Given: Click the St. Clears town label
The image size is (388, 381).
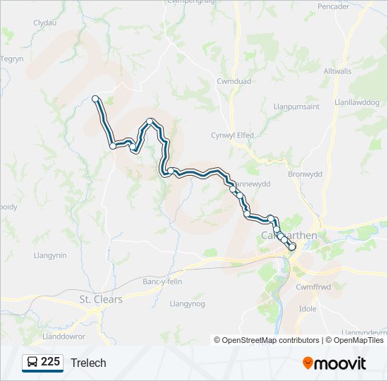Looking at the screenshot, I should point(100,299).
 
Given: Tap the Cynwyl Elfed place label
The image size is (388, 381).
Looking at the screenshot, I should point(232,135).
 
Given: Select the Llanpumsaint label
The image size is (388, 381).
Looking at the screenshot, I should point(297,107).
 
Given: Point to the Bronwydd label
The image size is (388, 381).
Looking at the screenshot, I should point(305,174).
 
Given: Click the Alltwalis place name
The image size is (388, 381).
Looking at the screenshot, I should point(338,72).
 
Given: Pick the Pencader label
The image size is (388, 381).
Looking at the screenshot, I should point(333,6).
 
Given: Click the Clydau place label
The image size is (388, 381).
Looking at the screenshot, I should point(45,23).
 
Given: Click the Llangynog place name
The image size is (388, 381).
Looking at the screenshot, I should point(187,303).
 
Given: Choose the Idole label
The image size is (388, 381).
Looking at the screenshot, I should point(308,309).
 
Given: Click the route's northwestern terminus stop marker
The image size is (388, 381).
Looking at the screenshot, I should point(95,99).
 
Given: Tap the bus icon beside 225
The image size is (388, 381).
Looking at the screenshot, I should point(32,362).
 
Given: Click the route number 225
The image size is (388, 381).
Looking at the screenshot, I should point(51,362).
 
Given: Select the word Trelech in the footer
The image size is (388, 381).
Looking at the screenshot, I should point(88,363).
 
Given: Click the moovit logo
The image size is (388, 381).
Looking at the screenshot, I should point(334,363).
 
